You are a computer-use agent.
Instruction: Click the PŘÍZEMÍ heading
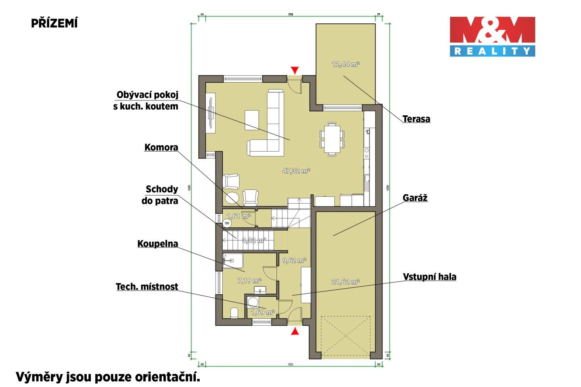click(x=54, y=23)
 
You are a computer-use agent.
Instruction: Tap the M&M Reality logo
click(x=492, y=36)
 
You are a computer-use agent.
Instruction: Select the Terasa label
click(x=416, y=119)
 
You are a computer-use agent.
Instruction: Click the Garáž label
click(x=415, y=198)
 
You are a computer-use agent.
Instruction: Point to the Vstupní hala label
click(x=429, y=277)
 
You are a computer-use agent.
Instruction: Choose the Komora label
click(x=161, y=148)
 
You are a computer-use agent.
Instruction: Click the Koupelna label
click(x=157, y=244)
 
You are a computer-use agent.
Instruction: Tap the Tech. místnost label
click(x=147, y=287)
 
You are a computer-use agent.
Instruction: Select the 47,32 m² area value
click(x=296, y=171)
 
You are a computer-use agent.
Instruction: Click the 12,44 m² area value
click(x=345, y=64)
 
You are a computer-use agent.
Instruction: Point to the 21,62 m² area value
click(x=345, y=282)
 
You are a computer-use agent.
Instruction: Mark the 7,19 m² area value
click(x=249, y=281)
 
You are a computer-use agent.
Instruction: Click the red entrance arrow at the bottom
click(x=295, y=331)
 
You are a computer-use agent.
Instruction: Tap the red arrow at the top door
click(x=295, y=70)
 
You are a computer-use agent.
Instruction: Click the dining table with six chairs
click(x=332, y=138)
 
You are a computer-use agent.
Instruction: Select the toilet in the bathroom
click(x=234, y=313)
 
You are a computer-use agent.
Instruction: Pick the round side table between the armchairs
click(x=232, y=198)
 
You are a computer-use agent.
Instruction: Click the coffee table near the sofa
click(x=252, y=120)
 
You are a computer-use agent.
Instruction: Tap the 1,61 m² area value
click(x=238, y=216)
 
